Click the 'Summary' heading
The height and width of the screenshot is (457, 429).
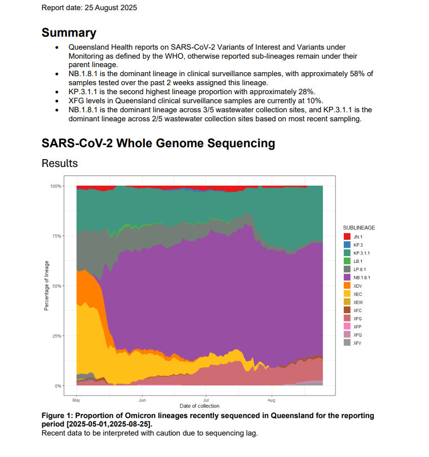tap(69, 33)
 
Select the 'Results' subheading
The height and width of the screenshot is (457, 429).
tap(60, 163)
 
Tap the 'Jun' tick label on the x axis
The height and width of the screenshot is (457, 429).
tap(143, 400)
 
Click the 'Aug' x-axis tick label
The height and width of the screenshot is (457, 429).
tap(272, 400)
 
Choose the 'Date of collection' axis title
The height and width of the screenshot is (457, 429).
tap(200, 406)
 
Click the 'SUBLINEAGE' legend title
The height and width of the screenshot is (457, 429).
tap(359, 228)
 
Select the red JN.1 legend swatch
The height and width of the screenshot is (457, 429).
tap(347, 237)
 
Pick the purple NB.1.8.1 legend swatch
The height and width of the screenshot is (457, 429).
tap(347, 278)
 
